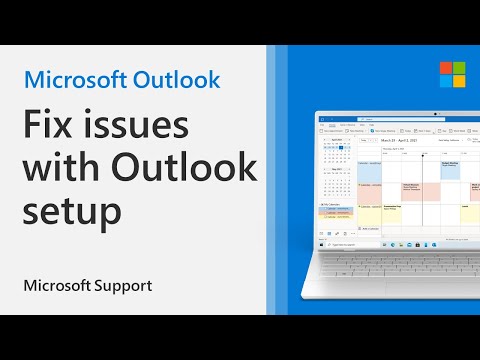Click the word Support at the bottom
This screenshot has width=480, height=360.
119,286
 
